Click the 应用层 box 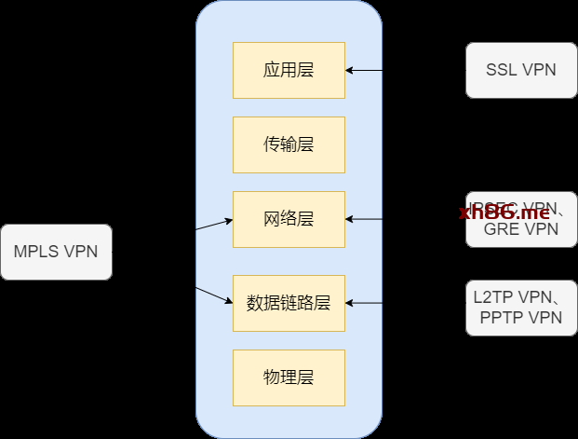pyautogui.click(x=289, y=70)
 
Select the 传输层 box pyautogui.click(x=289, y=144)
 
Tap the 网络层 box pyautogui.click(x=289, y=219)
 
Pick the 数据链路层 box pyautogui.click(x=289, y=303)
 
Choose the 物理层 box pyautogui.click(x=289, y=377)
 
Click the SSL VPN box pyautogui.click(x=521, y=70)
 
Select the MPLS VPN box pyautogui.click(x=56, y=252)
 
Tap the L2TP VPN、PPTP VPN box pyautogui.click(x=521, y=307)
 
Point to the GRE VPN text pyautogui.click(x=521, y=229)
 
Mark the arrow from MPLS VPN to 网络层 pyautogui.click(x=214, y=225)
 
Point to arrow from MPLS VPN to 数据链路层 pyautogui.click(x=215, y=295)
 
